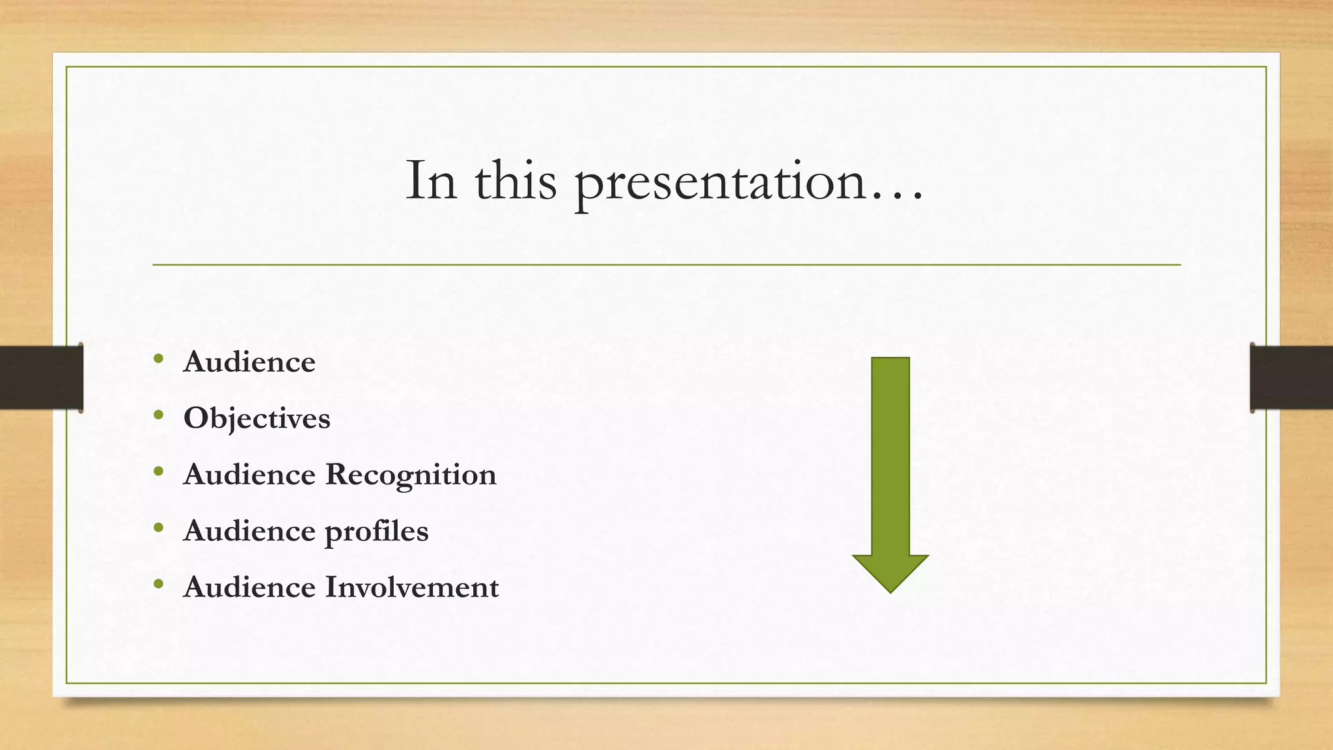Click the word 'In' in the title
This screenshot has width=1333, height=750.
pyautogui.click(x=430, y=181)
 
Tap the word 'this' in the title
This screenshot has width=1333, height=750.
pyautogui.click(x=515, y=181)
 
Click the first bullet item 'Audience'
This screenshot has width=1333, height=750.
pyautogui.click(x=249, y=362)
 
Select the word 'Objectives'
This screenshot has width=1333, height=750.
pyautogui.click(x=257, y=419)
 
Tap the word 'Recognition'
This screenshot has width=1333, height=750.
pyautogui.click(x=411, y=475)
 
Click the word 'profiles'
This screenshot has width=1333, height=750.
pyautogui.click(x=376, y=532)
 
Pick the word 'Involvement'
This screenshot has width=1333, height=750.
pyautogui.click(x=412, y=587)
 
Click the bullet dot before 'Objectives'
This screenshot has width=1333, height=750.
pyautogui.click(x=159, y=415)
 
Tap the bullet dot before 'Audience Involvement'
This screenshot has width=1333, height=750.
pyautogui.click(x=159, y=584)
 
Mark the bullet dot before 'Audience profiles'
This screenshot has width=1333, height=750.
pyautogui.click(x=159, y=528)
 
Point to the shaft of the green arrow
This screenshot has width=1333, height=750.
pyautogui.click(x=890, y=456)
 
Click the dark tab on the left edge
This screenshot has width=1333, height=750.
pyautogui.click(x=41, y=378)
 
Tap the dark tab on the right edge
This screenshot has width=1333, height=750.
pyautogui.click(x=1291, y=378)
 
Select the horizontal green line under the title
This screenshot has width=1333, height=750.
pyautogui.click(x=666, y=265)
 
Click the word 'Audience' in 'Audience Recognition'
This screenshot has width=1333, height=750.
pyautogui.click(x=249, y=475)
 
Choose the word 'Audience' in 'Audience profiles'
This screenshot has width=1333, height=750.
pyautogui.click(x=249, y=531)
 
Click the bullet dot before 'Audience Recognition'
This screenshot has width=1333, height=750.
pyautogui.click(x=159, y=471)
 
